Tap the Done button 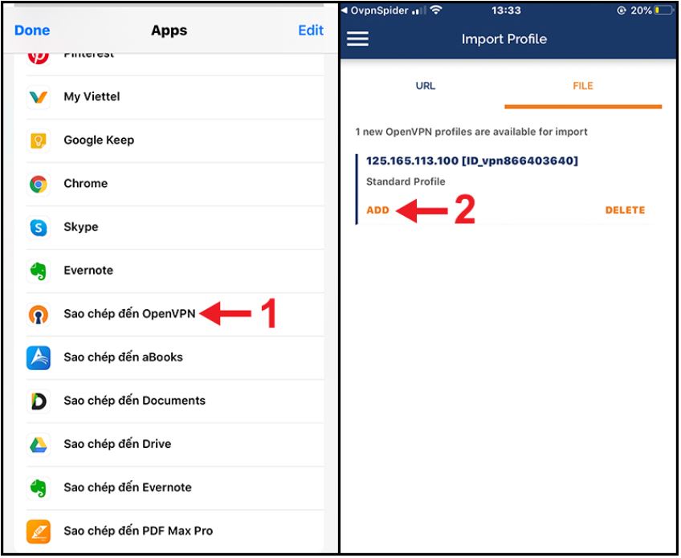point(32,31)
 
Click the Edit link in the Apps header point(311,31)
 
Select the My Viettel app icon point(39,97)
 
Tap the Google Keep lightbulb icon point(39,141)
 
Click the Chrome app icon point(39,184)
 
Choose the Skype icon point(39,227)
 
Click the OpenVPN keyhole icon point(39,315)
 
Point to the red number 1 point(267,314)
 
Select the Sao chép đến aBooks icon point(39,357)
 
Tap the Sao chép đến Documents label point(134,401)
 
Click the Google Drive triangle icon point(39,444)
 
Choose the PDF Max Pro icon point(39,531)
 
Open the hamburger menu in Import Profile point(357,39)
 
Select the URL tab point(426,86)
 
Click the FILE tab point(583,86)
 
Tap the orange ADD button point(377,210)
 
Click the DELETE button point(625,210)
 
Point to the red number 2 point(465,210)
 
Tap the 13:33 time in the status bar point(506,10)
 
